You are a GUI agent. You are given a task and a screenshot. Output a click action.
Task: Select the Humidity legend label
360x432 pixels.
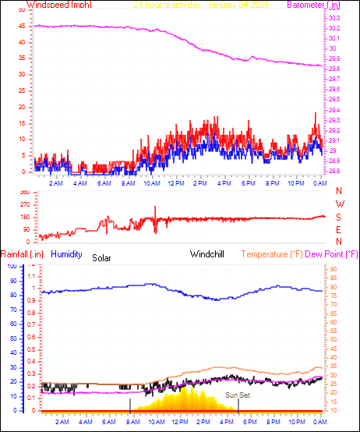click(66, 254)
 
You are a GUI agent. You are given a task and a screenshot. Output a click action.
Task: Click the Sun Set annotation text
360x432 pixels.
click(237, 395)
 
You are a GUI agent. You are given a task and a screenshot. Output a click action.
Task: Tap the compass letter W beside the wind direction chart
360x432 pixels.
click(339, 204)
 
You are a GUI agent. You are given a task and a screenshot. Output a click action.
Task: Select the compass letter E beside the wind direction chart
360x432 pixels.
click(339, 230)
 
